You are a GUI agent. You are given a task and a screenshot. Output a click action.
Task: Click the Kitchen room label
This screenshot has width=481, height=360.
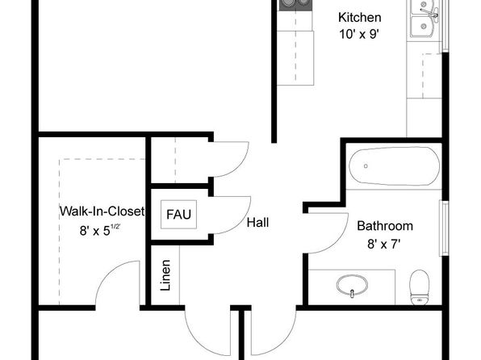[x=359, y=18]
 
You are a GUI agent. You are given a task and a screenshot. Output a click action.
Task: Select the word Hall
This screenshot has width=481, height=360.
[x=257, y=223]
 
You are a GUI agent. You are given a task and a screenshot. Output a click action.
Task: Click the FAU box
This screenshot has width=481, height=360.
[x=178, y=215]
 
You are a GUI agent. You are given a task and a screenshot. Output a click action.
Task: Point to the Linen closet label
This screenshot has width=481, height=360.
[x=165, y=275]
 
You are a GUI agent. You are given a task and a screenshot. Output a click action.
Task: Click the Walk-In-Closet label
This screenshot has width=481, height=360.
[x=102, y=211]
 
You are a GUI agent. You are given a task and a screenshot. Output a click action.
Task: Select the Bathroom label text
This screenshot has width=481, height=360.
[x=385, y=226]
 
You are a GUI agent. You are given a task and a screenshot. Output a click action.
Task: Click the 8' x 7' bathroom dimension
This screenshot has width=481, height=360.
[x=384, y=245]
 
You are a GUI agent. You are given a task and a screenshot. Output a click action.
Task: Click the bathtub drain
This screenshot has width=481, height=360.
[x=366, y=166]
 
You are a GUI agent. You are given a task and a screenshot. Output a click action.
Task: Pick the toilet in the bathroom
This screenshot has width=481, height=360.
[x=420, y=287]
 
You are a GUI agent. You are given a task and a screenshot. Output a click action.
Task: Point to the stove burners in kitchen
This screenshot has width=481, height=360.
[x=295, y=5]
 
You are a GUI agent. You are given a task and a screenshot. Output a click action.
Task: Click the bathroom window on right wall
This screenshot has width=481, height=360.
[x=444, y=228]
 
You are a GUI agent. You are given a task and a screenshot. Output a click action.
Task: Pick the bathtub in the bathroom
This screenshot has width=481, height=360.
[x=394, y=166]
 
